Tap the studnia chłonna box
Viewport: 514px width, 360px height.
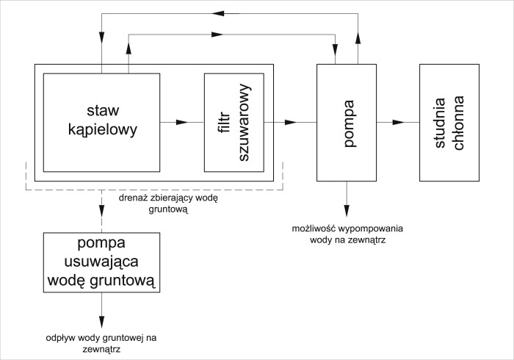click(447, 122)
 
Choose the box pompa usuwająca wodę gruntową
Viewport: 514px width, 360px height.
click(102, 262)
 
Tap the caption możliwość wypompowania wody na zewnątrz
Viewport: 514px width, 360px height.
click(347, 234)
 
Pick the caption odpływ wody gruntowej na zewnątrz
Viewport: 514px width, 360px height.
click(102, 343)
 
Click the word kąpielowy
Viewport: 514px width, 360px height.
click(101, 130)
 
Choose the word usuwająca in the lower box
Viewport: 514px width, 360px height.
click(102, 262)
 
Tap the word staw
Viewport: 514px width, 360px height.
click(101, 112)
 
